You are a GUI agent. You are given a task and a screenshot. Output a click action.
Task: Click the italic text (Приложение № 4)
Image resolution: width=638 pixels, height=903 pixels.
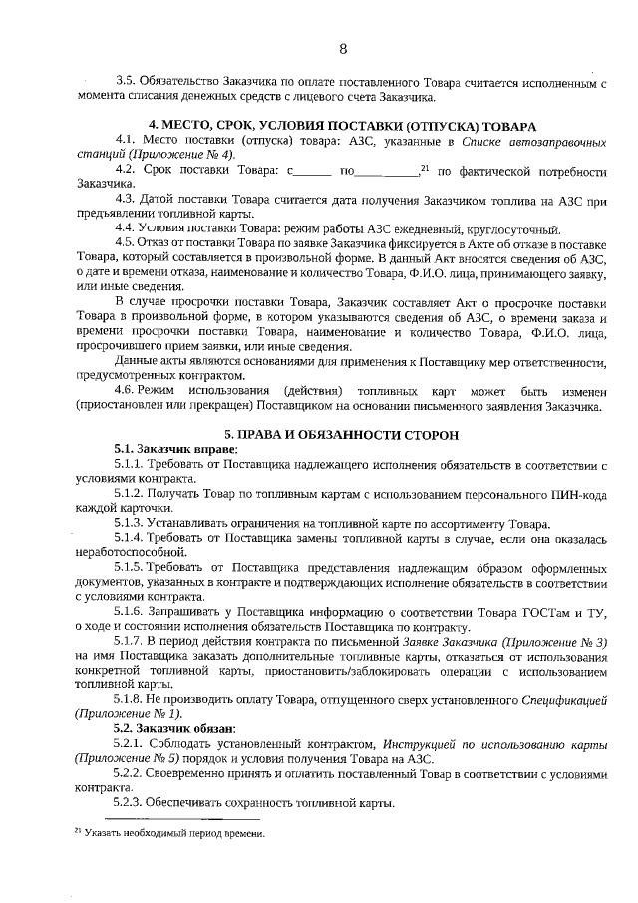(x=185, y=155)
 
